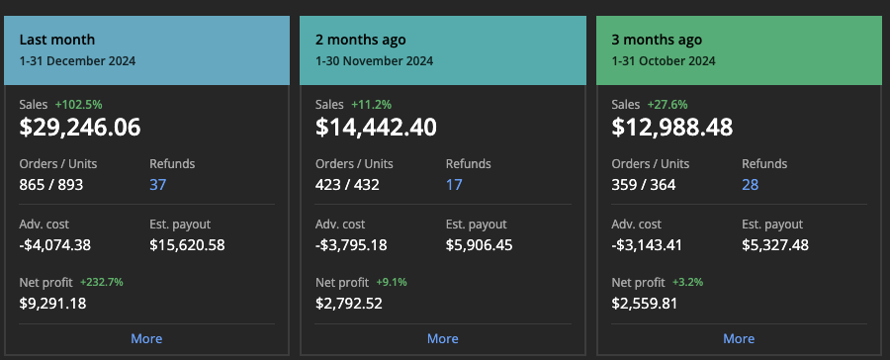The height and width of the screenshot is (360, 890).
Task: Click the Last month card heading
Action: [57, 41]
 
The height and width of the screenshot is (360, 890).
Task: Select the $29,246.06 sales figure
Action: [80, 127]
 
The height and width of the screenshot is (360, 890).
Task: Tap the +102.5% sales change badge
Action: [78, 104]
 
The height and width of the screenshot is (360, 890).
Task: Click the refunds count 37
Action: [158, 184]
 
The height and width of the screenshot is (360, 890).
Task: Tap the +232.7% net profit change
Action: [101, 282]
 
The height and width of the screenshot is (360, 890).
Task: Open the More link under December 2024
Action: [146, 338]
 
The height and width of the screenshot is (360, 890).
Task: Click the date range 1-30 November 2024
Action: [374, 61]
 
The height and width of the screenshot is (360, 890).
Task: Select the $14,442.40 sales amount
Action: [376, 127]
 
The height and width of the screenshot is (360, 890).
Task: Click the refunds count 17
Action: [454, 184]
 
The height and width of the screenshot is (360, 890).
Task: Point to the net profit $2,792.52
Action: [350, 303]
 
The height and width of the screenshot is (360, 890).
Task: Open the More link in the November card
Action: [442, 338]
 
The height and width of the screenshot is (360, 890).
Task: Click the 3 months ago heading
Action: [657, 41]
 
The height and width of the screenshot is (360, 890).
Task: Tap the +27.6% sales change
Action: [667, 104]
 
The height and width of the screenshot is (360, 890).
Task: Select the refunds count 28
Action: [751, 184]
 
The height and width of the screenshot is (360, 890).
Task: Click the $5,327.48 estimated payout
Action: [775, 244]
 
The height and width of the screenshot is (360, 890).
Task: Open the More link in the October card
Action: [739, 338]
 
